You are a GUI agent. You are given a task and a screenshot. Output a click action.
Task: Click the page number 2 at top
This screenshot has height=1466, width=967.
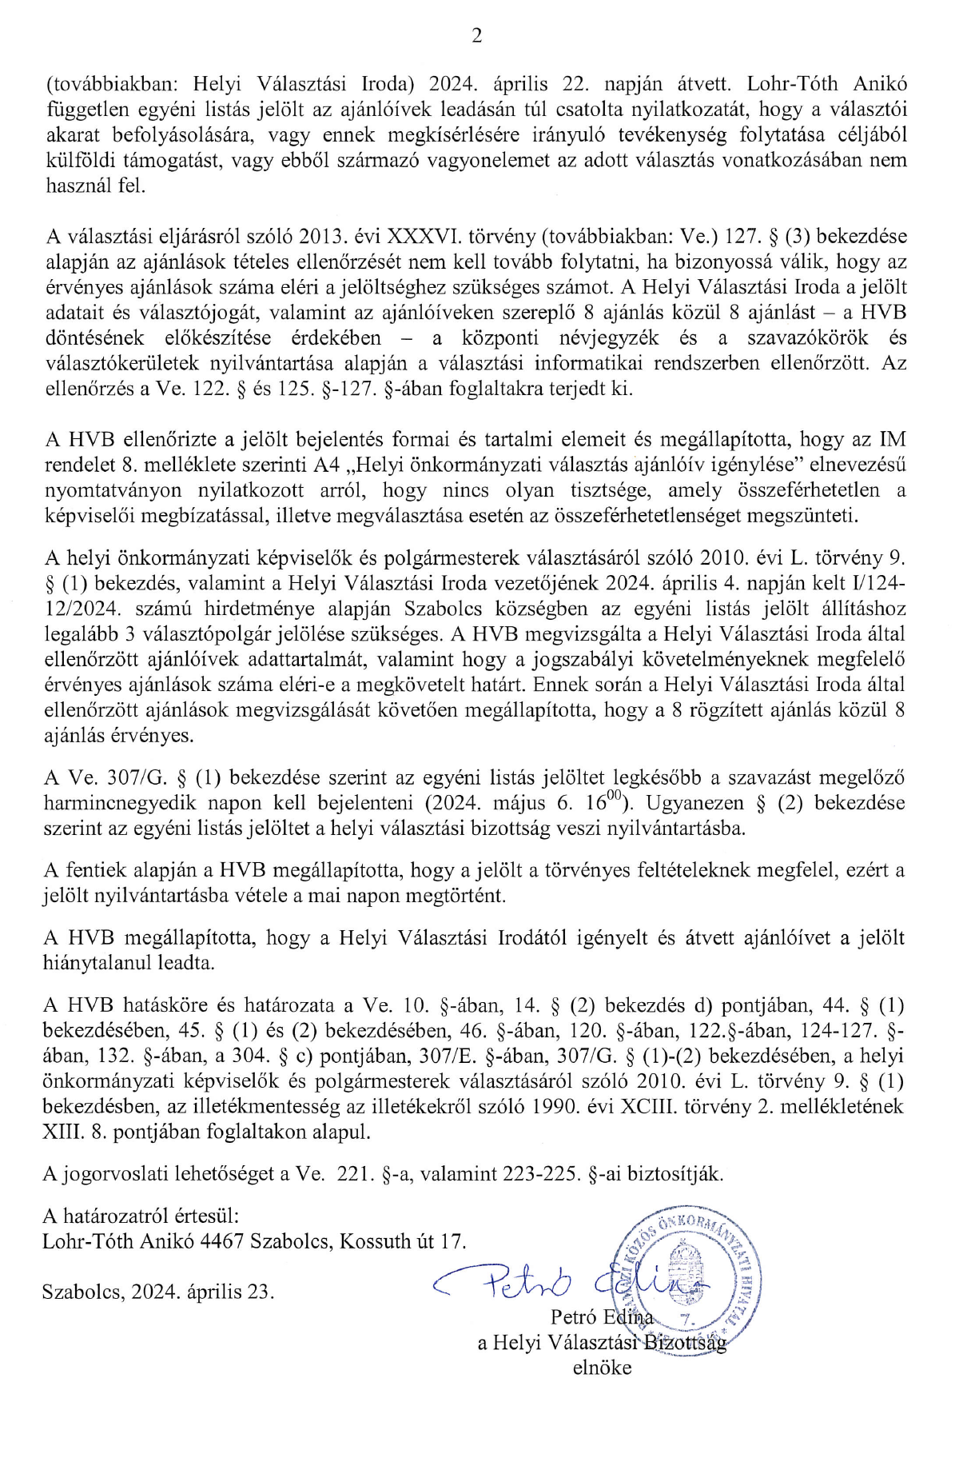(477, 36)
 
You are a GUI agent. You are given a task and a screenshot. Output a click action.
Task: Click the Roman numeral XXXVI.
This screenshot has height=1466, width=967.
(420, 236)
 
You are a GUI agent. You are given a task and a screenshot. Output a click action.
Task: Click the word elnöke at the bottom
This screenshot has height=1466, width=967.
(602, 1368)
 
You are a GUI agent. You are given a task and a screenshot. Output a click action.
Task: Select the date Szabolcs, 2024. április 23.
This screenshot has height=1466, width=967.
(158, 1292)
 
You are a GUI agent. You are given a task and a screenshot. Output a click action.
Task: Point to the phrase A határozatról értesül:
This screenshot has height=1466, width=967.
(141, 1216)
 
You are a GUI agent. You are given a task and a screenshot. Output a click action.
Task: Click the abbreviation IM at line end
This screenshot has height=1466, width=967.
(893, 439)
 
